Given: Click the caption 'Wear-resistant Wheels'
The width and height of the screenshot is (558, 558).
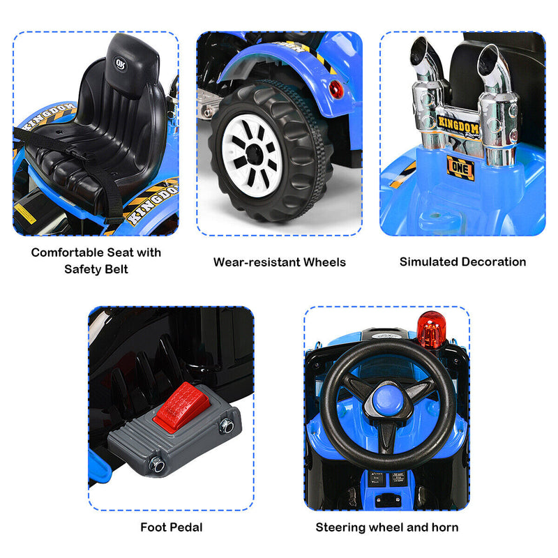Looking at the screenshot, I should coord(279,262).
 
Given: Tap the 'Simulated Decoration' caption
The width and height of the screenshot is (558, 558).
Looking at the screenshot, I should coord(462,262).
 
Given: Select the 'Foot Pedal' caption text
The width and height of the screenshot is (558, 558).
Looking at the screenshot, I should coord(171,527).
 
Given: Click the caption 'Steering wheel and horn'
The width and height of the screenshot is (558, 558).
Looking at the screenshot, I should coord(387,527).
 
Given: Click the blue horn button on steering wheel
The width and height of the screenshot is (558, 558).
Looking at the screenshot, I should coord(385,400).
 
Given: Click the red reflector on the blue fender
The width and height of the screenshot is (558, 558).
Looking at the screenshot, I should coord(337,89).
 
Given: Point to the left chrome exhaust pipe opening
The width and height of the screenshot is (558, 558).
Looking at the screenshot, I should coord(423,51).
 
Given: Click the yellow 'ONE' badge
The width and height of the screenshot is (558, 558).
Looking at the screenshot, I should coord(461,168).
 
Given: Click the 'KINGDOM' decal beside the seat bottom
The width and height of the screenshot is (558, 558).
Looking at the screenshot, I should coord(152,198).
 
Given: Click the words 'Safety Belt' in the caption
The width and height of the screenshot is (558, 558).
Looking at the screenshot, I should coord(96,269).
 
